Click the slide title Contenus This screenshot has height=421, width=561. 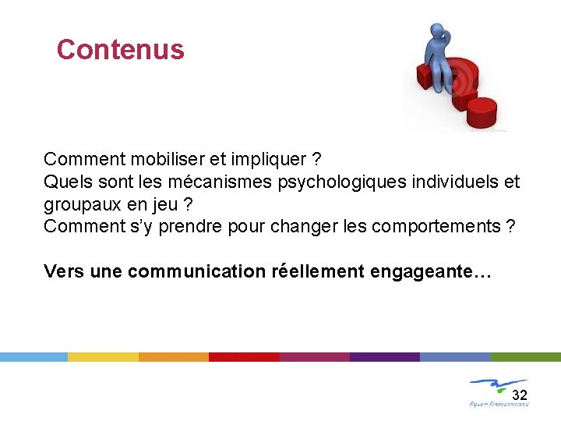pyautogui.click(x=120, y=50)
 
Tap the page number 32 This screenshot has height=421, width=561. pyautogui.click(x=520, y=394)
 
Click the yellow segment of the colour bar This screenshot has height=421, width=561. pyautogui.click(x=103, y=356)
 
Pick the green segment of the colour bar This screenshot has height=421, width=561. pyautogui.click(x=525, y=356)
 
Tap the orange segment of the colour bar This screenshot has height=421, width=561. pyautogui.click(x=173, y=356)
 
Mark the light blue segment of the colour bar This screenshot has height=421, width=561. pyautogui.click(x=34, y=356)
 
